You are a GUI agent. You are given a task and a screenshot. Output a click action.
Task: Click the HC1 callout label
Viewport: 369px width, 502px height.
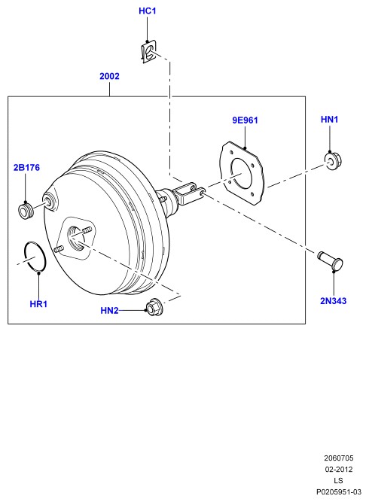tap(148, 11)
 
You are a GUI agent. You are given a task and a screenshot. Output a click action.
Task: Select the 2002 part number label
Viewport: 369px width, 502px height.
tap(109, 76)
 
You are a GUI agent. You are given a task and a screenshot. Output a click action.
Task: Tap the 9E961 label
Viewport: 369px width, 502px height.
tap(245, 120)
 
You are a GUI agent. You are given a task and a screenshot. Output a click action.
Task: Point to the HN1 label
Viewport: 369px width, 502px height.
tap(330, 120)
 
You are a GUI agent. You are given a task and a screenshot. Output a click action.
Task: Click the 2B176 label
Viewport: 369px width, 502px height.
tap(26, 167)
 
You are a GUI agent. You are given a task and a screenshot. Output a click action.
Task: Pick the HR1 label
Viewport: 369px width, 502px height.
tap(38, 304)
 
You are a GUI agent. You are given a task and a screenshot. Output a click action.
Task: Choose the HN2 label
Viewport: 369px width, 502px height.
tap(109, 311)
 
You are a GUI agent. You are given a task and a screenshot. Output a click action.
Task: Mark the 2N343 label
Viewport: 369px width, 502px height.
tap(334, 301)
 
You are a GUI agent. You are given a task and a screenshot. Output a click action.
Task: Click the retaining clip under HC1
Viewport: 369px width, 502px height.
tap(149, 51)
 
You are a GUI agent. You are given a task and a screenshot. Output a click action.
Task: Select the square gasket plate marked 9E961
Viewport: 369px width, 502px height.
tap(243, 173)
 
